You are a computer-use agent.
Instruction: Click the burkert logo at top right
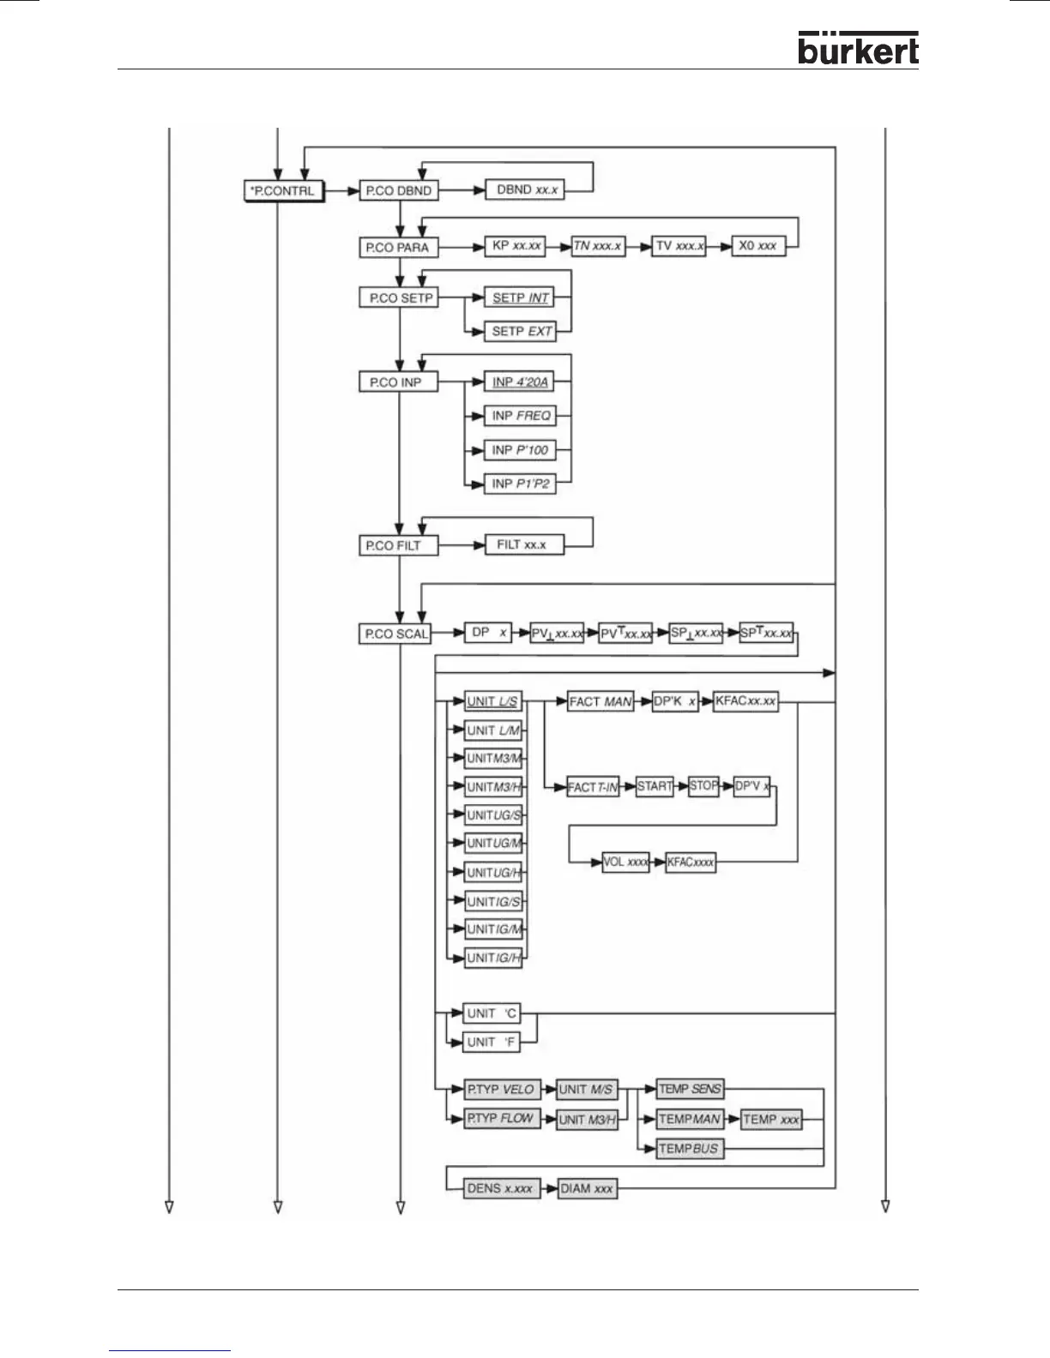coord(857,49)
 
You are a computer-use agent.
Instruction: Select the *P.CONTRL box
coord(284,190)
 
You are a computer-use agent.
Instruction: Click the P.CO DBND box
coord(399,190)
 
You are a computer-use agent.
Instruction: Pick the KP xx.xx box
coord(516,246)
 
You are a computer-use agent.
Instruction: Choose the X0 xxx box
coord(757,246)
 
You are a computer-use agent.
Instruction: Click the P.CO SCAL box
coord(395,634)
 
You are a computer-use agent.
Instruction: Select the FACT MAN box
coord(600,701)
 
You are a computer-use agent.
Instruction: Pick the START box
coord(655,786)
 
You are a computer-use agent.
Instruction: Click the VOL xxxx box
coord(625,862)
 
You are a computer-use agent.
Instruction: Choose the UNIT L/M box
coord(493,730)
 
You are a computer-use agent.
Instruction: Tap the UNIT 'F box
coord(492,1042)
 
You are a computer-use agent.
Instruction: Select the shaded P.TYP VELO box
coord(501,1090)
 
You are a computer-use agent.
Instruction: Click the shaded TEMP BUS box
coord(689,1149)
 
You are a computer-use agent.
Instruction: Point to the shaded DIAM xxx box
coord(587,1188)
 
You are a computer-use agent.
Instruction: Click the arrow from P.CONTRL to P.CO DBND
coord(342,190)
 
